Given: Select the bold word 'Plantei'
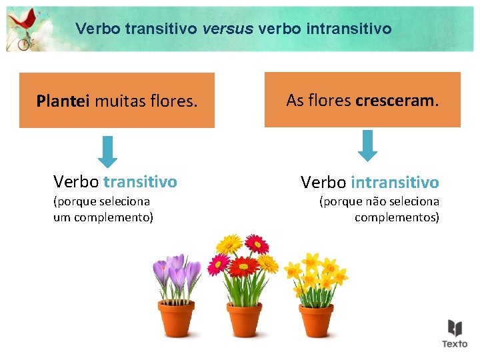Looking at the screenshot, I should [x=63, y=101].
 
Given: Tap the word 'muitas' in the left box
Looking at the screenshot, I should [x=119, y=101].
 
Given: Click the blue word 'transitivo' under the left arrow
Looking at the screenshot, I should [x=141, y=181].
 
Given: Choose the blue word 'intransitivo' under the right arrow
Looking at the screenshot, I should [x=395, y=182].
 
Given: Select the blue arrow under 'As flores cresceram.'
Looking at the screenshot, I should [x=367, y=145].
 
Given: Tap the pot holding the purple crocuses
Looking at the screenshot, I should [x=176, y=318].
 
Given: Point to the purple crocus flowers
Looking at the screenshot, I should [x=177, y=272].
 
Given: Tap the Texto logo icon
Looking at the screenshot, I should [x=455, y=328].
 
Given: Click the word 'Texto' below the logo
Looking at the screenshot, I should [x=455, y=344].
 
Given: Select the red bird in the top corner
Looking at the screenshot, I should [x=24, y=24].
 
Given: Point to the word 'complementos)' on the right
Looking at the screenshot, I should [x=397, y=217].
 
